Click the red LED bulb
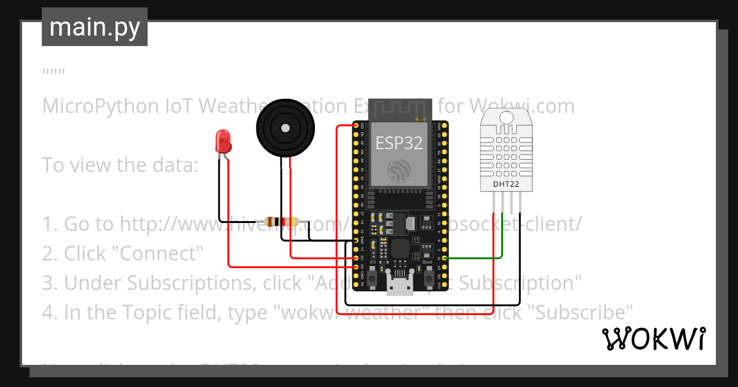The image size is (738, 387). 223,142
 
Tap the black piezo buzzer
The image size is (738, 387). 285,128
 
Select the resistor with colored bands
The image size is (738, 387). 280,222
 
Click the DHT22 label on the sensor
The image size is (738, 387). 506,184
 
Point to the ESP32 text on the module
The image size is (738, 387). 399,143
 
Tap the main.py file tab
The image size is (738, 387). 94,27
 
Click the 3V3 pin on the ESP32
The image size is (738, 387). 356,126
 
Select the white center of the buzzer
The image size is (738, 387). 285,128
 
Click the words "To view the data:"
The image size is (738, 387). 119,165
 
